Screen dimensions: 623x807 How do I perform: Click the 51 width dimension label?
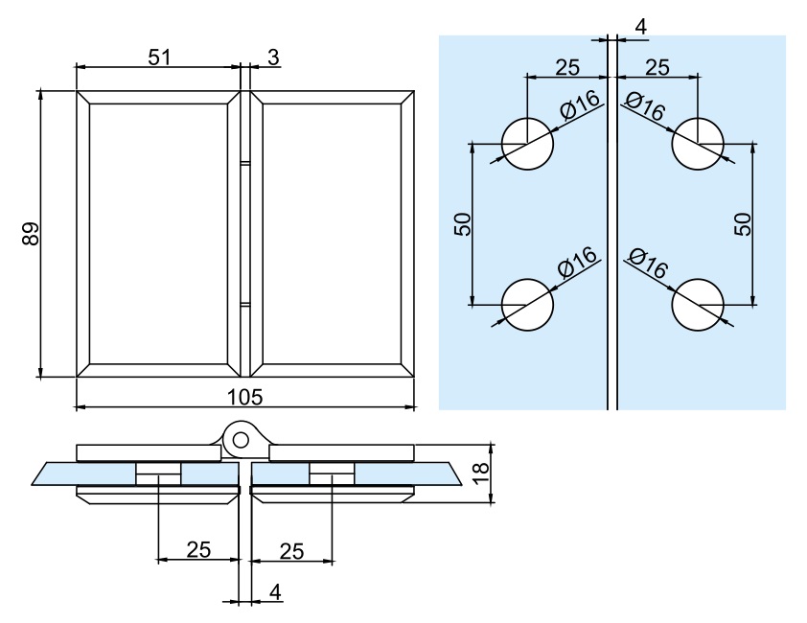click(159, 57)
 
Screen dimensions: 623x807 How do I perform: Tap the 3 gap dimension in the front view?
click(273, 58)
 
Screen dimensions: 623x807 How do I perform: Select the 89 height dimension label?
click(30, 234)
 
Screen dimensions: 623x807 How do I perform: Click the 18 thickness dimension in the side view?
click(481, 471)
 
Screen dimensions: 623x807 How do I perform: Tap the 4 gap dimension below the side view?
click(276, 593)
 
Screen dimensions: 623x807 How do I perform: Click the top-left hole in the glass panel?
click(528, 144)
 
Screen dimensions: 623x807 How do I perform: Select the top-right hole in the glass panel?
click(697, 144)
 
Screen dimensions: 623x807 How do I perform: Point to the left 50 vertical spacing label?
click(463, 224)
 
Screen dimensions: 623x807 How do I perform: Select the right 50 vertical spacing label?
click(743, 224)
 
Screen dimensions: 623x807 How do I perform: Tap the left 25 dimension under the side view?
click(198, 549)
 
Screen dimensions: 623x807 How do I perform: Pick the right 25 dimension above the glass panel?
click(657, 67)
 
